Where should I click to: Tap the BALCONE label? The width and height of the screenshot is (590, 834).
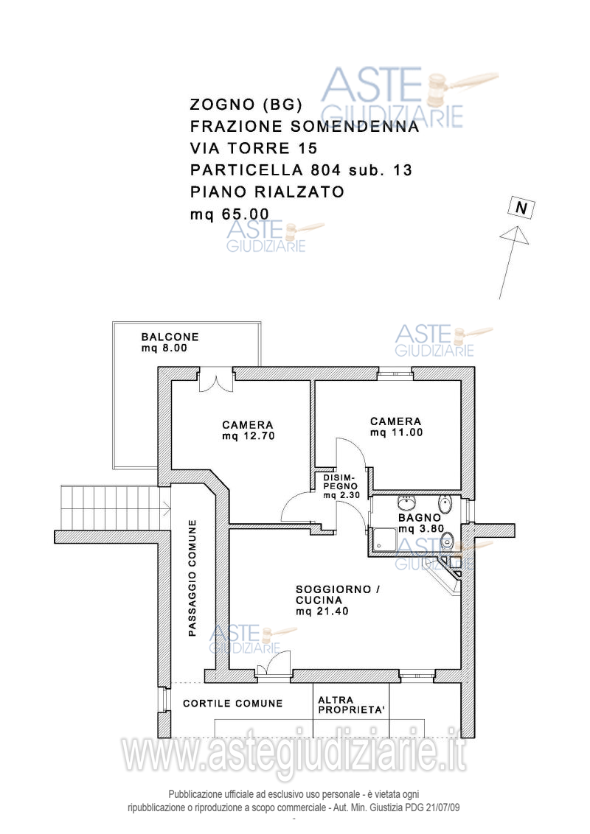tap(170, 337)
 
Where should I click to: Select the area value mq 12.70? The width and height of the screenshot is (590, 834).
tap(247, 435)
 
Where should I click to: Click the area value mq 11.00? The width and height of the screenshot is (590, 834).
tap(396, 432)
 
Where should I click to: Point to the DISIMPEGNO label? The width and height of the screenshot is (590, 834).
tap(340, 482)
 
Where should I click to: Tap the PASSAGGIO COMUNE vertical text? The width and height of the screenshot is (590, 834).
tap(192, 578)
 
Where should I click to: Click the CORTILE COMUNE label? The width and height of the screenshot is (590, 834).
tap(232, 704)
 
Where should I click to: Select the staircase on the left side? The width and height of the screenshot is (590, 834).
tap(111, 508)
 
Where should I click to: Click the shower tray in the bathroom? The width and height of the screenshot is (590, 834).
tap(384, 541)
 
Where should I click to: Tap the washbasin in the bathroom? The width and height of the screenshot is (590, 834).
tap(406, 505)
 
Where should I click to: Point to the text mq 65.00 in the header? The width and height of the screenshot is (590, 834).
tap(229, 214)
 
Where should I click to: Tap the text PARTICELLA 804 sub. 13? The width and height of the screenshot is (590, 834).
tap(301, 170)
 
